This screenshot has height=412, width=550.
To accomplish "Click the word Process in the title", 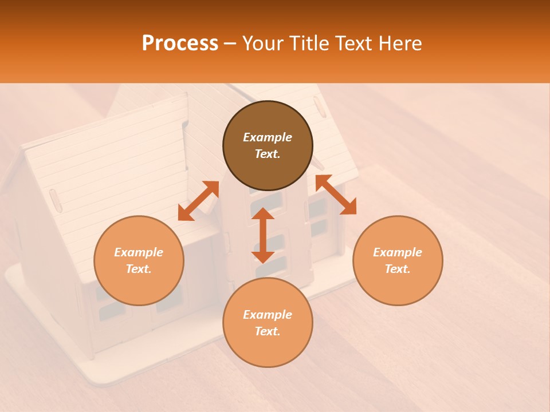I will pyautogui.click(x=180, y=43).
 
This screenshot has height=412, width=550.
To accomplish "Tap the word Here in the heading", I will pyautogui.click(x=401, y=43).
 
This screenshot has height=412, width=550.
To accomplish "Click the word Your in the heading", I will pyautogui.click(x=264, y=43).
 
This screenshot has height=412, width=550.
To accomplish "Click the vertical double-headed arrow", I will pyautogui.click(x=263, y=235).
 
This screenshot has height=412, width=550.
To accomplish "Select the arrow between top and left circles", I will pyautogui.click(x=198, y=201).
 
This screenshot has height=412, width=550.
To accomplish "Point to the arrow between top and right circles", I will pyautogui.click(x=336, y=195).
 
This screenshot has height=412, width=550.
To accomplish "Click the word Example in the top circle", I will pyautogui.click(x=268, y=137).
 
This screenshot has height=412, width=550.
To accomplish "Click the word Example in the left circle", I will pyautogui.click(x=139, y=252).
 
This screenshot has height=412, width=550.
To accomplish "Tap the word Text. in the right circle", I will pyautogui.click(x=398, y=269).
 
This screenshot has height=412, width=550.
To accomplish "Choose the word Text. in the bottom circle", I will pyautogui.click(x=268, y=331).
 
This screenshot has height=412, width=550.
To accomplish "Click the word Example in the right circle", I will pyautogui.click(x=398, y=252).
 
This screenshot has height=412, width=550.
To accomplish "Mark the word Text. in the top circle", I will pyautogui.click(x=268, y=154).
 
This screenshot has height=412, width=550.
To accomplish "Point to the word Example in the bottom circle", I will pyautogui.click(x=268, y=315).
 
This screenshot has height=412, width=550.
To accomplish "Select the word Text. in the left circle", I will pyautogui.click(x=139, y=269).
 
